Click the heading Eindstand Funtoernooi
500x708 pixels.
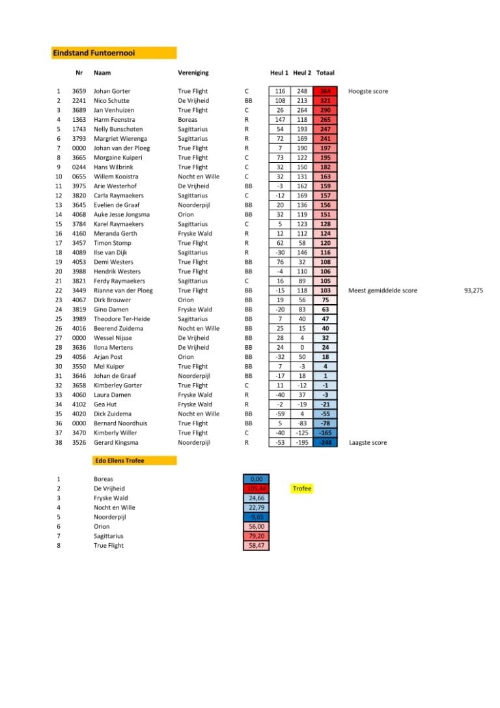click(x=94, y=53)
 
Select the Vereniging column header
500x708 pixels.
click(x=193, y=73)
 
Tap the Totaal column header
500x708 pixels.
click(x=325, y=73)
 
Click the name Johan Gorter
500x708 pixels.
click(x=112, y=91)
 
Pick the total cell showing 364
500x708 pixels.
click(x=325, y=91)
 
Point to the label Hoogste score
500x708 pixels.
click(x=368, y=91)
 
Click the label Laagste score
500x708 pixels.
click(x=368, y=443)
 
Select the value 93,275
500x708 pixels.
click(x=473, y=290)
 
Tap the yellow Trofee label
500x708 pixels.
click(x=302, y=489)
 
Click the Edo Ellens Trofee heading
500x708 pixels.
click(x=120, y=460)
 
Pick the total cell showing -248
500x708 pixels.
click(x=325, y=443)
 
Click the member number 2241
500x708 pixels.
click(x=79, y=101)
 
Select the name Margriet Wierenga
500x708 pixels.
click(x=120, y=139)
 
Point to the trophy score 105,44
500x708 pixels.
click(x=256, y=489)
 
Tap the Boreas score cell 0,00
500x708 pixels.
click(x=256, y=479)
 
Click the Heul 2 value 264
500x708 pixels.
click(x=302, y=110)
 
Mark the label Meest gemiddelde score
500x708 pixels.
click(x=383, y=290)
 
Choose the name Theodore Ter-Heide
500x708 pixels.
click(x=122, y=319)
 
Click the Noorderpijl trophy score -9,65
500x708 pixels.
click(x=256, y=517)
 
